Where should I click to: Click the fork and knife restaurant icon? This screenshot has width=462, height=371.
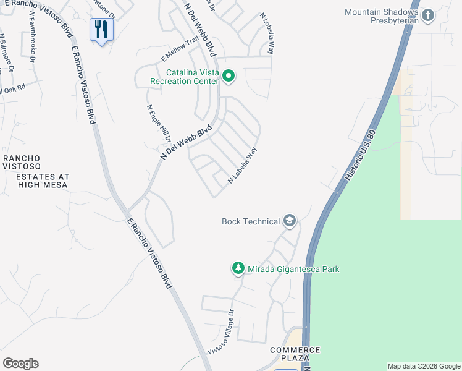(101, 29)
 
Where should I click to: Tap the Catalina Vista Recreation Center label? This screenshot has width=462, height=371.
(184, 77)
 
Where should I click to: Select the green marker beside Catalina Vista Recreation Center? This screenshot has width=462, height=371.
(229, 77)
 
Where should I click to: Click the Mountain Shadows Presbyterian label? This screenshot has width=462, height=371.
(382, 16)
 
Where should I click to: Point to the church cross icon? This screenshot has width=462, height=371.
(429, 14)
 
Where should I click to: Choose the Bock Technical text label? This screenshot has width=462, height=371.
(250, 221)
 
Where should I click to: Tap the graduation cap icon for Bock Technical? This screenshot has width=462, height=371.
(289, 221)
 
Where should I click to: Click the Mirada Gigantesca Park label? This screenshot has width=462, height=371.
(293, 269)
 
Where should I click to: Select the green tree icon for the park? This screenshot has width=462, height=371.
(238, 268)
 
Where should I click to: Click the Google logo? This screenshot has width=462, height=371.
(20, 364)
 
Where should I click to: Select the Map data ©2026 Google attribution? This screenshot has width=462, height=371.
(423, 366)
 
